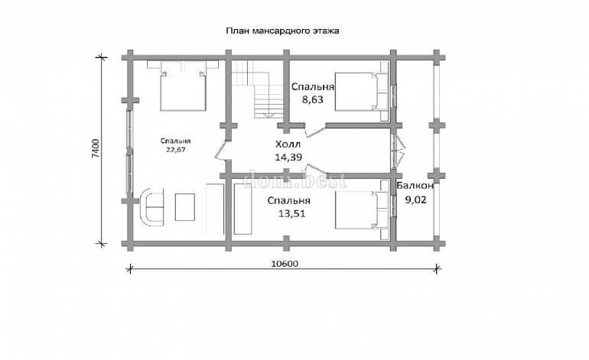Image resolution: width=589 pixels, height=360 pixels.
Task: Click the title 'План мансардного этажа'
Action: tap(282, 31)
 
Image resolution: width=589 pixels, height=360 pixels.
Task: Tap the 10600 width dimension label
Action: tap(285, 264)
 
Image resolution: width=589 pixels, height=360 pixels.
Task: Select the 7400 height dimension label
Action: tap(96, 148)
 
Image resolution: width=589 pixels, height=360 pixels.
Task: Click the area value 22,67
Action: tap(176, 149)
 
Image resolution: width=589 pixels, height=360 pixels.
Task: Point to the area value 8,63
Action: tap(313, 100)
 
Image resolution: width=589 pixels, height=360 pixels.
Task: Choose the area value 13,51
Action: tap(292, 213)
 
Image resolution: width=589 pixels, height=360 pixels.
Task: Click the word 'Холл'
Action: tap(288, 144)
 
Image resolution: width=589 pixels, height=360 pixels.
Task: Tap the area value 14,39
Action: tap(288, 157)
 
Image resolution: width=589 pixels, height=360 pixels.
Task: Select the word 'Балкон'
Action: tap(415, 186)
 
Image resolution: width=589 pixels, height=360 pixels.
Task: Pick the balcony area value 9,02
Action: tap(415, 199)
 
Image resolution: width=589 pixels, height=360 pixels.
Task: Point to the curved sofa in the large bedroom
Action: tap(151, 207)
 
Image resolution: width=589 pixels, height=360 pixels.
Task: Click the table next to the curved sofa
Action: tap(185, 207)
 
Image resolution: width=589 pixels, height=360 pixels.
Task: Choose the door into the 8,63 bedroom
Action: tap(315, 131)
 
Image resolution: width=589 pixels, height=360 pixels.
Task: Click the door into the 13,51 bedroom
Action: tap(317, 170)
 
